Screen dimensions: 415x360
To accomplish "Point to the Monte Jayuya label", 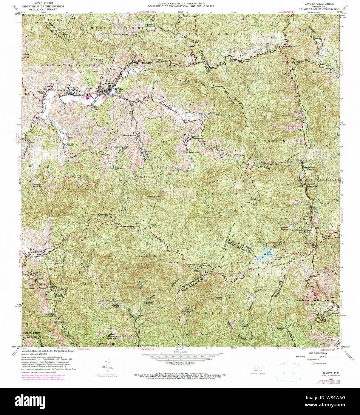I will point(153,225).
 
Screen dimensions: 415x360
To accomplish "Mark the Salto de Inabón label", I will point(148,256).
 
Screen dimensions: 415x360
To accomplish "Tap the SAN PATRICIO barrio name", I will point(32,333).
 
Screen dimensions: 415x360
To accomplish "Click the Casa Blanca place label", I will point(288,46).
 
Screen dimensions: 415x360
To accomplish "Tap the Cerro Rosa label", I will point(253,199).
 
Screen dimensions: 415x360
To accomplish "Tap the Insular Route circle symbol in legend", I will point(313,363).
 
